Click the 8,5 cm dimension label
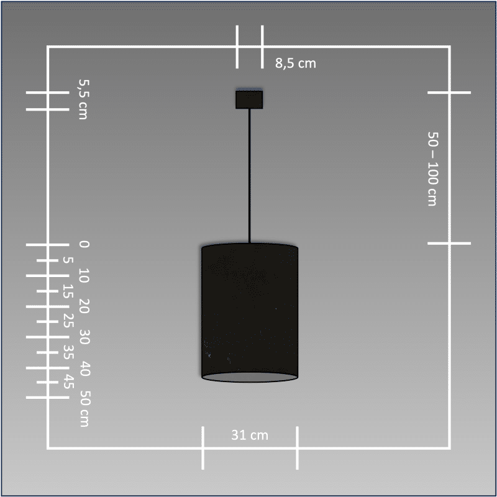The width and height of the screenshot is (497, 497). tap(296, 63)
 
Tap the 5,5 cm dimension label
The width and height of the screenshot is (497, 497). tap(83, 99)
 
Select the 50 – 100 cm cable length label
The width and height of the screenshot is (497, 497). tap(432, 169)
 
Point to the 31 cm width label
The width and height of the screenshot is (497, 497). tap(250, 435)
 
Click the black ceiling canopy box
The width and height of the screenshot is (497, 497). tap(249, 99)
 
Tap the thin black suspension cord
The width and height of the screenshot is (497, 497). tap(250, 176)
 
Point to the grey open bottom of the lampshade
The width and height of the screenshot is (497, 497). tap(250, 377)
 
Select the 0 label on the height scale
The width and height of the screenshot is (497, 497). tap(84, 244)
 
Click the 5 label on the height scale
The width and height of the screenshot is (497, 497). tap(68, 260)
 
